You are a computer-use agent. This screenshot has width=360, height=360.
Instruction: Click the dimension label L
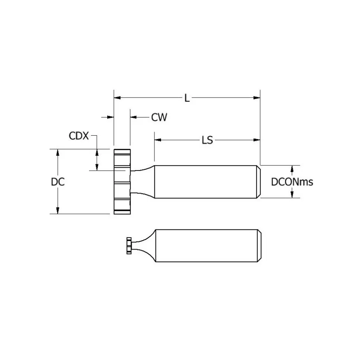(x=187, y=98)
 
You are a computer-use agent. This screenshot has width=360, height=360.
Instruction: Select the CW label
(x=159, y=117)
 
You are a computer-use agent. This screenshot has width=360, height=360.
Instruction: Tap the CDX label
(x=79, y=136)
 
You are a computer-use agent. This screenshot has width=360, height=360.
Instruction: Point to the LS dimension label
(x=207, y=140)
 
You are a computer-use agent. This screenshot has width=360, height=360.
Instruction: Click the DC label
(x=58, y=182)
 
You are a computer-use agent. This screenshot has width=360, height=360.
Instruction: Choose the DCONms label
(x=292, y=182)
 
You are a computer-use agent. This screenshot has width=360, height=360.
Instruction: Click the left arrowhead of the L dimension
(x=117, y=98)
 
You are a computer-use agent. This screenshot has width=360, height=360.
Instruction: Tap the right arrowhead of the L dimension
(x=257, y=98)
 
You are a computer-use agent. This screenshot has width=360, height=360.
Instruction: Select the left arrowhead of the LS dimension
(x=158, y=140)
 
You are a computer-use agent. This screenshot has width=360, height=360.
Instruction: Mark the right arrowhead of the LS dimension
(x=257, y=140)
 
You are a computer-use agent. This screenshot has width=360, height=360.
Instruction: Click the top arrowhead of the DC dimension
(x=58, y=153)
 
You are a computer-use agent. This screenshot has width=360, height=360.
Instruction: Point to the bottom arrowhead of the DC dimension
(x=58, y=211)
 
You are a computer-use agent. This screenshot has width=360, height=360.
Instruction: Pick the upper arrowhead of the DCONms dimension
(x=292, y=169)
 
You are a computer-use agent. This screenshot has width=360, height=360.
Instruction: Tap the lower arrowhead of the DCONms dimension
(x=292, y=195)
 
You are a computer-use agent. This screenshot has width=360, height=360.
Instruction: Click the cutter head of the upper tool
(x=122, y=182)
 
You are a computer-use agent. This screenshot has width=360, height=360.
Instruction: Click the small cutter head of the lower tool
(x=129, y=246)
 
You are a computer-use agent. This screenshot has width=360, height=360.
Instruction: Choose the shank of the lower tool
(x=208, y=246)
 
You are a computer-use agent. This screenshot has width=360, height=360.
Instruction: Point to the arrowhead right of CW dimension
(x=134, y=117)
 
